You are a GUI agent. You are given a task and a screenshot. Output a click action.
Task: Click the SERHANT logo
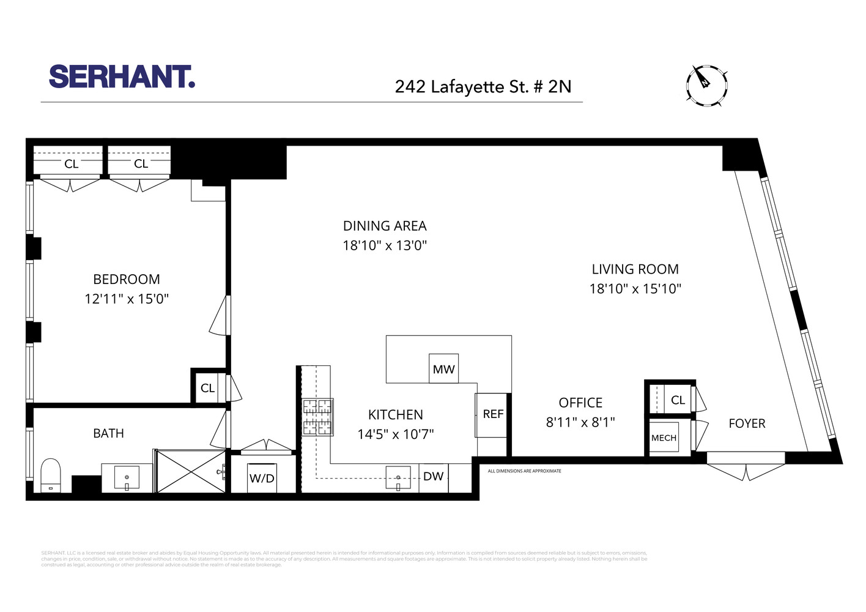[122, 76]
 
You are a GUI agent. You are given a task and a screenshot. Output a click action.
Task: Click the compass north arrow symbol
[706, 85]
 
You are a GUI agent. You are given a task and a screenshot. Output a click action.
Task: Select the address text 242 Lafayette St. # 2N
[483, 86]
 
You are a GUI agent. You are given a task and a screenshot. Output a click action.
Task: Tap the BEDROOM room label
[127, 280]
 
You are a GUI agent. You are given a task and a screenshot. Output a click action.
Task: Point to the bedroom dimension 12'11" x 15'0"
[127, 299]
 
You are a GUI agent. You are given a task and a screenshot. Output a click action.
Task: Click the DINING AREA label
[385, 226]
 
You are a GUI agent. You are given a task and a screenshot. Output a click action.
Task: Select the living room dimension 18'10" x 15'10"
[635, 289]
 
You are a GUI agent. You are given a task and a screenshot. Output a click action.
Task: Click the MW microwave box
[443, 369]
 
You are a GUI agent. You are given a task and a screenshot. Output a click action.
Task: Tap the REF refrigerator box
[492, 415]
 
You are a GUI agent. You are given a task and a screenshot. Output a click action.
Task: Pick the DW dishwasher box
[434, 477]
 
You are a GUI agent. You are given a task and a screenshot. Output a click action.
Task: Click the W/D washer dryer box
[262, 478]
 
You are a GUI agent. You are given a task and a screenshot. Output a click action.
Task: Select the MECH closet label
[664, 438]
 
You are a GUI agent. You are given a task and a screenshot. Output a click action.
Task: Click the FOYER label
[747, 424]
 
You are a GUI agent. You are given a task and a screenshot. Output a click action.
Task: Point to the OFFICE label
[580, 403]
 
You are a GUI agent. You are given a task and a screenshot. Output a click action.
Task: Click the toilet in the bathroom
[50, 476]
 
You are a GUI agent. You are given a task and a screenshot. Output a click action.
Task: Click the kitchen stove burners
[318, 417]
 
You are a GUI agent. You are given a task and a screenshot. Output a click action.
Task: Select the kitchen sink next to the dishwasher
[398, 478]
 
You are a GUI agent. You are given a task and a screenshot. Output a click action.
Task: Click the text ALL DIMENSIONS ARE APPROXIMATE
[524, 471]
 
